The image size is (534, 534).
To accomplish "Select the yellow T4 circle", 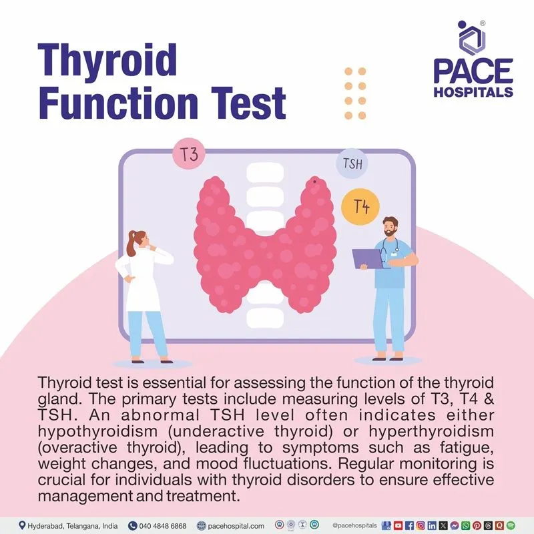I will click(x=361, y=207).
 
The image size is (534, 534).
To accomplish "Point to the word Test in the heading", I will click(x=240, y=105).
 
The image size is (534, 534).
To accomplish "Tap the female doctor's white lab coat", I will click(x=142, y=280).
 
